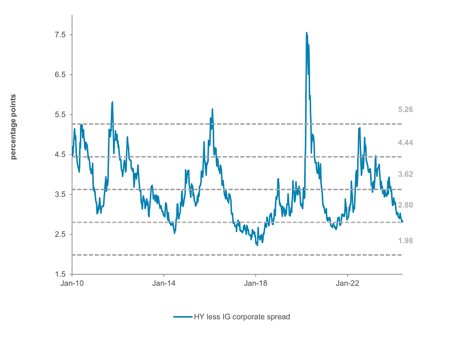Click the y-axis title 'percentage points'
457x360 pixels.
[13, 127]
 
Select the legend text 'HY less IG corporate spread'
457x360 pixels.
[242, 317]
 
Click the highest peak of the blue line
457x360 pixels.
[306, 32]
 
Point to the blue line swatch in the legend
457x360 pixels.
[182, 317]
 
